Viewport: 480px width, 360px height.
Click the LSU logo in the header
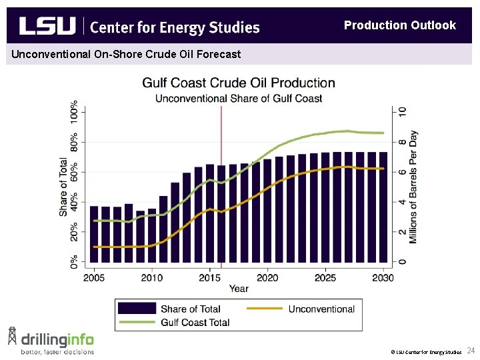[47, 26]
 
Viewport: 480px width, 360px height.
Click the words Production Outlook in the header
[399, 25]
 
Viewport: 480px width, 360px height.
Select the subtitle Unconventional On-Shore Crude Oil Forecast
[126, 54]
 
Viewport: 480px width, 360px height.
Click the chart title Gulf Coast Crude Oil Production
[239, 83]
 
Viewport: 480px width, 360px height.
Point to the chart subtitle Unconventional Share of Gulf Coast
[239, 98]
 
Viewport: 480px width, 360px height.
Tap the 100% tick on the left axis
[73, 111]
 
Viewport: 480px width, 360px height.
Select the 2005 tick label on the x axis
[94, 277]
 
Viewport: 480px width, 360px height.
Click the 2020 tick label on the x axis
[267, 277]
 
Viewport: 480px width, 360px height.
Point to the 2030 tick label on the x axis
[383, 277]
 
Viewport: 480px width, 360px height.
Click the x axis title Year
[239, 288]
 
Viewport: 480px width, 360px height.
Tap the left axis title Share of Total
[63, 187]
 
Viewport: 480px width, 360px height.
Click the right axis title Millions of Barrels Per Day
[414, 187]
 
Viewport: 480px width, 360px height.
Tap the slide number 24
[471, 350]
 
